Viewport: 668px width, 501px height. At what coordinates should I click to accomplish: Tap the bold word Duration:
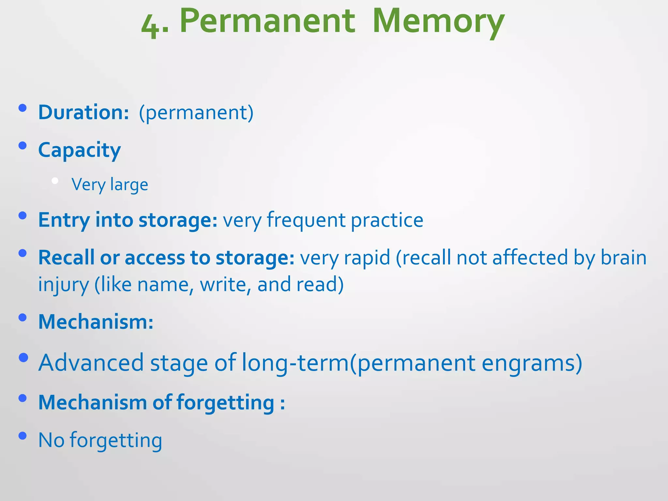(83, 113)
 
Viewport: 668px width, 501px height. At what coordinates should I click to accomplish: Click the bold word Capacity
(79, 151)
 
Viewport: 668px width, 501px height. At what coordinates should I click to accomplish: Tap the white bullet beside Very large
(55, 181)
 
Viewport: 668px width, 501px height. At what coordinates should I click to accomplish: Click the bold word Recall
(66, 258)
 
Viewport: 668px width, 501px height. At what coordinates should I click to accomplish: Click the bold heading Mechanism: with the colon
(96, 322)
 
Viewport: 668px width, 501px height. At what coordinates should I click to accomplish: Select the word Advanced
(91, 363)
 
